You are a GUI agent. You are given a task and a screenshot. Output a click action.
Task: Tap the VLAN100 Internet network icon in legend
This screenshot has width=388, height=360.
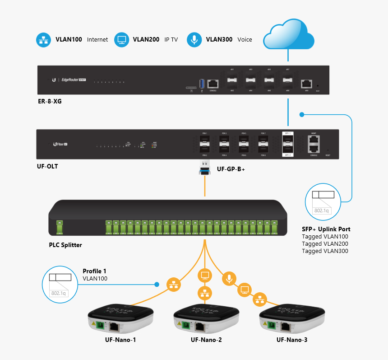[x=44, y=40]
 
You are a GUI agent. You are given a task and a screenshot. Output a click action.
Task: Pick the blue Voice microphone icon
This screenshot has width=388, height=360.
[x=195, y=40]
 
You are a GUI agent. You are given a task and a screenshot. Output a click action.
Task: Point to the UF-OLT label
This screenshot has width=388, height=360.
[x=47, y=166]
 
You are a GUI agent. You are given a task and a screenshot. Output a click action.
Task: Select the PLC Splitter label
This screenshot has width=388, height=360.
[x=65, y=245]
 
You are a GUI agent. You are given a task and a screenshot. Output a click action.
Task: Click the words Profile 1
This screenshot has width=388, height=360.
[x=94, y=271]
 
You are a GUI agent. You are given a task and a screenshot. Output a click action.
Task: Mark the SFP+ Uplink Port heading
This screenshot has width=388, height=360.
[x=326, y=229]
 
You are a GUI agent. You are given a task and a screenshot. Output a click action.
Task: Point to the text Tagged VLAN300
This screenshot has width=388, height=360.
[x=325, y=251]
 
